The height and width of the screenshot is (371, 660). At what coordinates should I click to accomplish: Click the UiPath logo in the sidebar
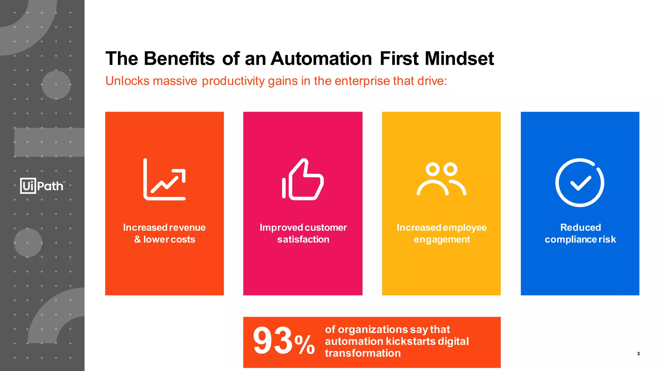coord(42,186)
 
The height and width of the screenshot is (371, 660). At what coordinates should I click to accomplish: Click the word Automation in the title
coord(321,59)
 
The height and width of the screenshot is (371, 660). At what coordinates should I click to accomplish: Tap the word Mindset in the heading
coord(459,59)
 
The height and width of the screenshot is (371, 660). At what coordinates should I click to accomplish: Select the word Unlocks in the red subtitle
coord(127,81)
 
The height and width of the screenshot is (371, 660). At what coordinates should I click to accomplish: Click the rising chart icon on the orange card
coord(165,179)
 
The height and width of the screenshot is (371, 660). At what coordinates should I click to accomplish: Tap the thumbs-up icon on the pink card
coord(303,179)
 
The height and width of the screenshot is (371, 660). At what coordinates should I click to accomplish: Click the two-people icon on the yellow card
coord(441,179)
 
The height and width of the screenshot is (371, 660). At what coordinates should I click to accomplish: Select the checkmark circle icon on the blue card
coord(580,182)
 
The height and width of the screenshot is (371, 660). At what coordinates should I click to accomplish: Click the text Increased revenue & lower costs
coord(164,233)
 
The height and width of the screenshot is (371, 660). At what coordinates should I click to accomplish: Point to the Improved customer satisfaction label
coord(303,233)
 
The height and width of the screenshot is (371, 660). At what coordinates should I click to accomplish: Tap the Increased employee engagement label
coord(442,233)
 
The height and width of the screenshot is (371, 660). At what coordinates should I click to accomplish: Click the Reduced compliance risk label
coord(580,233)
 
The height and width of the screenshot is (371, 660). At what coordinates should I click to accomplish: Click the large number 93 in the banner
coord(272,341)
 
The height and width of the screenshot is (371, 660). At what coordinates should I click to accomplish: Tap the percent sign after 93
coord(305,345)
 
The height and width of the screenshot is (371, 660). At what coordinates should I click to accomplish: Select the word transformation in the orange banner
coord(363,353)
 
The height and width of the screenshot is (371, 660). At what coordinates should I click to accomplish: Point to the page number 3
coord(638,354)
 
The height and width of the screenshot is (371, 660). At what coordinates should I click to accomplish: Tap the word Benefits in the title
coord(179,59)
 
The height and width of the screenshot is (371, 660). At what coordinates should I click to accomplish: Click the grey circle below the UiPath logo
coord(28,243)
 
